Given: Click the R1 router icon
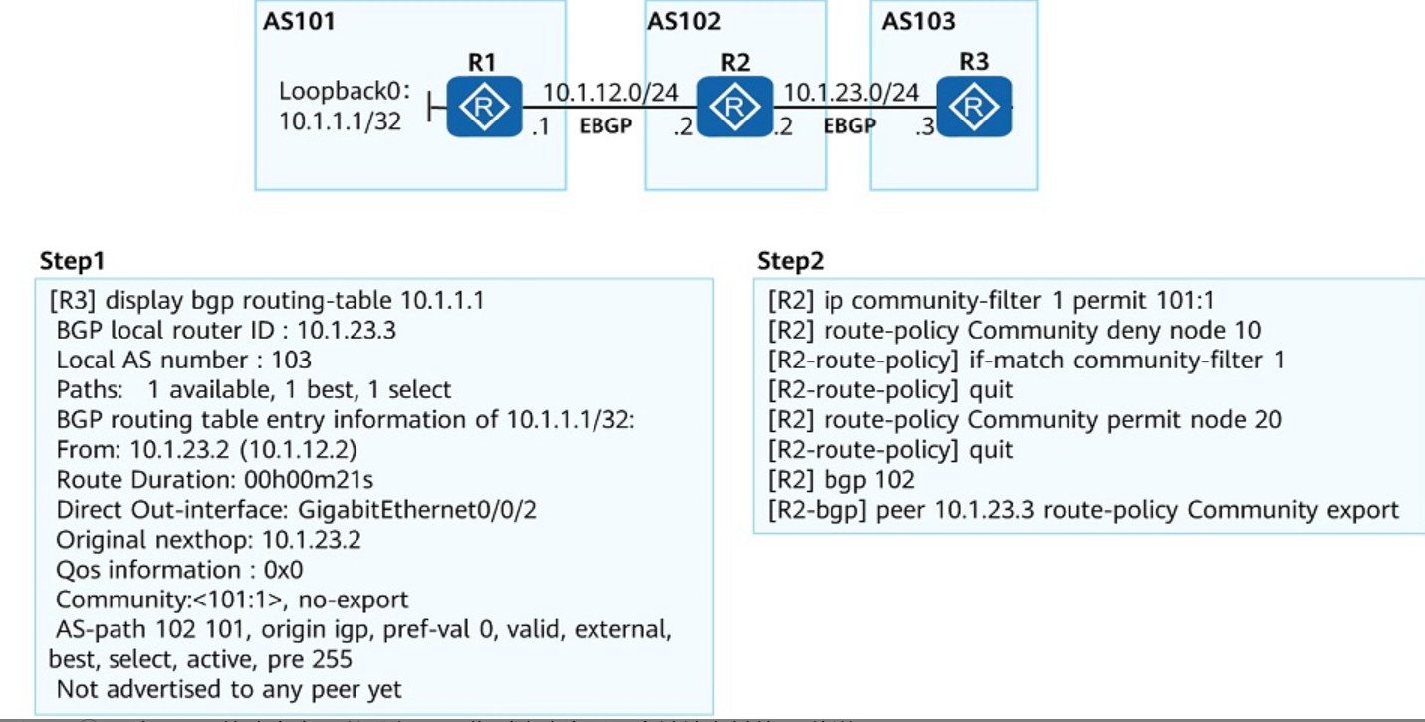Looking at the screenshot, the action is [x=484, y=107].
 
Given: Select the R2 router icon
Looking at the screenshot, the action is [x=735, y=107].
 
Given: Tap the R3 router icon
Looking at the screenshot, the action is [x=974, y=107].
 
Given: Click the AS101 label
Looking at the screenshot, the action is [x=299, y=22].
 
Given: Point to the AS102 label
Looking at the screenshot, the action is [x=684, y=22].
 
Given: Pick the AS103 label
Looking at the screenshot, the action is [x=918, y=22].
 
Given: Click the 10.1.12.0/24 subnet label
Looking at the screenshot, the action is [x=610, y=93].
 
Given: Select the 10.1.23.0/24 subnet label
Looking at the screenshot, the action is [x=851, y=93].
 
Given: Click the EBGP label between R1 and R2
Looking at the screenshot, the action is [x=605, y=126].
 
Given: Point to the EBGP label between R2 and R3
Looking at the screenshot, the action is [x=849, y=126].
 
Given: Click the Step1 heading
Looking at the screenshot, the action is [x=72, y=262].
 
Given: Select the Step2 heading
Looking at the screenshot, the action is [x=791, y=262].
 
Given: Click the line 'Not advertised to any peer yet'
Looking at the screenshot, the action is [x=229, y=689].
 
